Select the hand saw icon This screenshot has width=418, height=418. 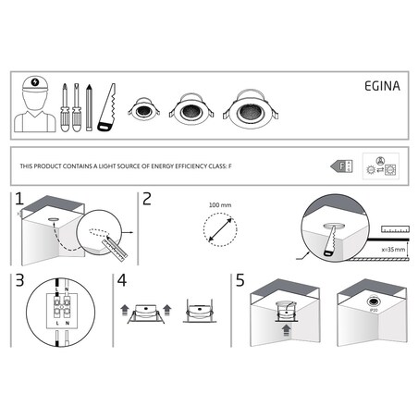click(x=107, y=107)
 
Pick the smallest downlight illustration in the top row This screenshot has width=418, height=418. click(x=144, y=111)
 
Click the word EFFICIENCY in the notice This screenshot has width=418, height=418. click(x=180, y=166)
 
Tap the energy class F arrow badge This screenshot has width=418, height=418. click(x=339, y=166)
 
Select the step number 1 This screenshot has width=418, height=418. click(x=18, y=200)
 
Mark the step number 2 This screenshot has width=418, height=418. click(x=144, y=200)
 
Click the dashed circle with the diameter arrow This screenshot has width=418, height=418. click(x=218, y=227)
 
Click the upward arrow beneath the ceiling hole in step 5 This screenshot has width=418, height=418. click(x=285, y=327)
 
